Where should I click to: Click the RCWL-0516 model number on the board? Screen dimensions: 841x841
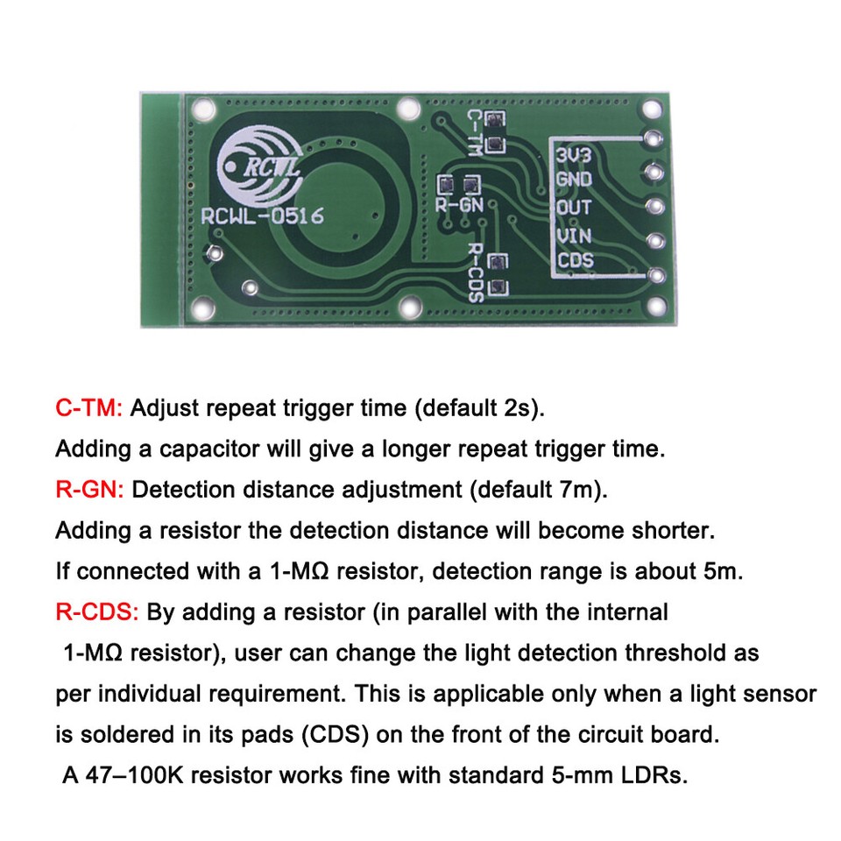click(x=262, y=216)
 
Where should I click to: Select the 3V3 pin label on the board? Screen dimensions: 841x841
click(x=574, y=155)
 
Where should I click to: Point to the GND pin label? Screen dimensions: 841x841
click(x=574, y=180)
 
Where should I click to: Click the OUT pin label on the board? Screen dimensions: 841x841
click(x=574, y=208)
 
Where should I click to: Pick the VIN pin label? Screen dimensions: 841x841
click(x=574, y=235)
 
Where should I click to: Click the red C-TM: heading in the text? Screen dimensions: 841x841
click(x=91, y=408)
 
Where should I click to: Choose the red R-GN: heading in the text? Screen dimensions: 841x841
click(x=91, y=490)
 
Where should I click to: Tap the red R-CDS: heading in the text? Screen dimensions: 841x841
click(x=96, y=611)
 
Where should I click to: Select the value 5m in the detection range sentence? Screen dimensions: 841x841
click(x=723, y=571)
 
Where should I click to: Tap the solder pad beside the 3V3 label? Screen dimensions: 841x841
click(x=652, y=138)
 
